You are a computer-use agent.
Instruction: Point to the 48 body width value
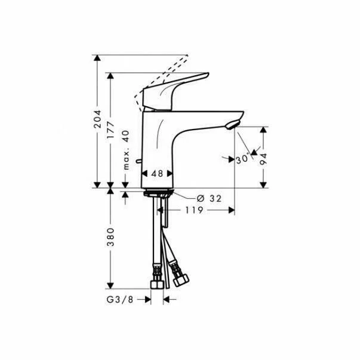[157, 174]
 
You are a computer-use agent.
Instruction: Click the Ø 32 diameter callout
[209, 198]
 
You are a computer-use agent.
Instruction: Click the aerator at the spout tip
[233, 124]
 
